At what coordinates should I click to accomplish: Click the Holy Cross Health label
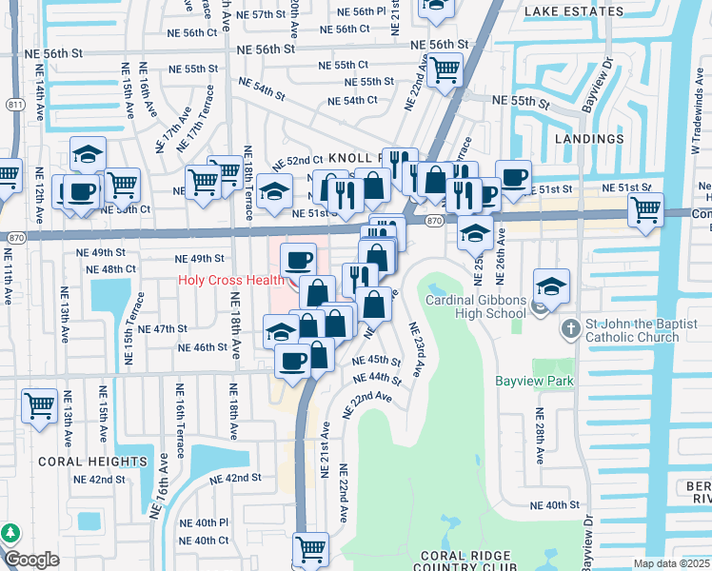point(230,280)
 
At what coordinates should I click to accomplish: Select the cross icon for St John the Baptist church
point(569,329)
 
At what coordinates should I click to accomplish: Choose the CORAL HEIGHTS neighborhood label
point(79,461)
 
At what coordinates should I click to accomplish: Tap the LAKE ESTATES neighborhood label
point(574,12)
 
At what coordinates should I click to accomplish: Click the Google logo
point(31,560)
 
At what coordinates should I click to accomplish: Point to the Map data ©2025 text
point(672,563)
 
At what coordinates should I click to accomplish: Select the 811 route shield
point(14,104)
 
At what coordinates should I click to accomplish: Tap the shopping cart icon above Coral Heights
point(40,405)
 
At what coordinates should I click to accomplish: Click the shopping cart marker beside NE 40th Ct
point(310,548)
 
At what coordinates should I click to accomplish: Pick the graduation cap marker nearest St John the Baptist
point(551,284)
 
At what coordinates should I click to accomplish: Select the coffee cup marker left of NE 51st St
point(514,177)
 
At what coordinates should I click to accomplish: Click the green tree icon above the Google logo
point(10,534)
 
